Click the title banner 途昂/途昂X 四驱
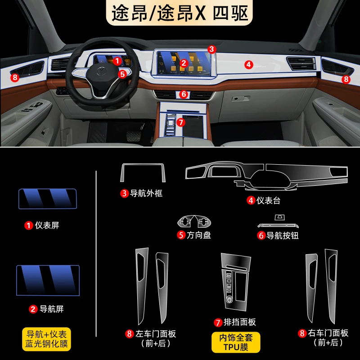179,13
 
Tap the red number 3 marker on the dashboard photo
211,49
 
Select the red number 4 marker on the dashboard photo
248,65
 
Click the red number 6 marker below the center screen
184,94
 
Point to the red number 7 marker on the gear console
181,122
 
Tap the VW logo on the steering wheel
100,71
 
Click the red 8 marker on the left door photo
15,77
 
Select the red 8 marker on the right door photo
346,80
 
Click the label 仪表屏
47,225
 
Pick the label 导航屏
52,309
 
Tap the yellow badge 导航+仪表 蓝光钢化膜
46,339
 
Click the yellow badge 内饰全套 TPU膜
236,342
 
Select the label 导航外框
146,193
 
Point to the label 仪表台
268,200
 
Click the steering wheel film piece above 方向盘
194,221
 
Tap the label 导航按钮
283,235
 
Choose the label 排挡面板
240,322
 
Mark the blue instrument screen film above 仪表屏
48,199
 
